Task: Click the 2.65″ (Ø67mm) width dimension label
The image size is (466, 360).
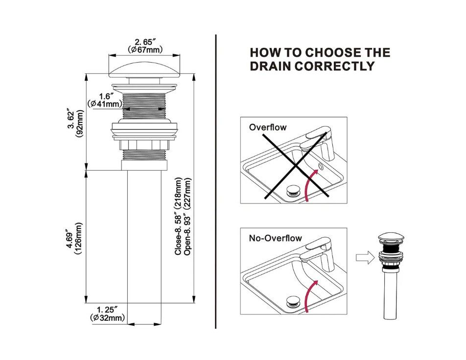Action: point(145,45)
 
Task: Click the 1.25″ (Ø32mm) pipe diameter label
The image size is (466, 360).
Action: point(107,314)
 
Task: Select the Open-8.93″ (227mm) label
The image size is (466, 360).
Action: point(187,215)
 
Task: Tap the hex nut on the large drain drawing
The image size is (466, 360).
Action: point(144,145)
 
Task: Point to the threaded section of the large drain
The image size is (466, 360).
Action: point(144,105)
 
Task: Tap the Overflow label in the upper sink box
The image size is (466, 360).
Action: point(268,128)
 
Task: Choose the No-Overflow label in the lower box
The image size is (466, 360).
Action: point(275,239)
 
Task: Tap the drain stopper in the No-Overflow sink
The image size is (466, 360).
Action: point(294,299)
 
